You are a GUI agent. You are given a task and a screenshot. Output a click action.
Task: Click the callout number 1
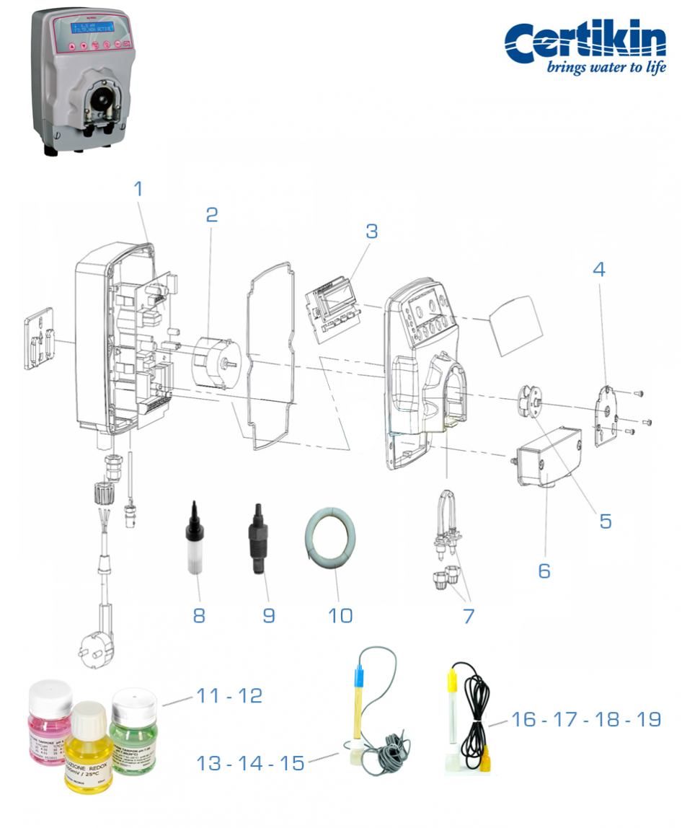pos(138,189)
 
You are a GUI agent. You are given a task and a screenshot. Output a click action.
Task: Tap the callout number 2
pos(211,214)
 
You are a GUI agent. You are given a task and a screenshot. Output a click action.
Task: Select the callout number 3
pos(371,232)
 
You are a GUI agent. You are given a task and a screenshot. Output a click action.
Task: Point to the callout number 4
pos(599,269)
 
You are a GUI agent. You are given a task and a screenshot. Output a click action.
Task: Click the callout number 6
pos(544,571)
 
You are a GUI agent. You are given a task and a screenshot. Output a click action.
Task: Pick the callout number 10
pos(340,615)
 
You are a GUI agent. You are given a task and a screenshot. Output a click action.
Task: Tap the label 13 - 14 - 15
pos(251,763)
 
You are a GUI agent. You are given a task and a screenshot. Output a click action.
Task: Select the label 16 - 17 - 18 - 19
pos(585,719)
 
